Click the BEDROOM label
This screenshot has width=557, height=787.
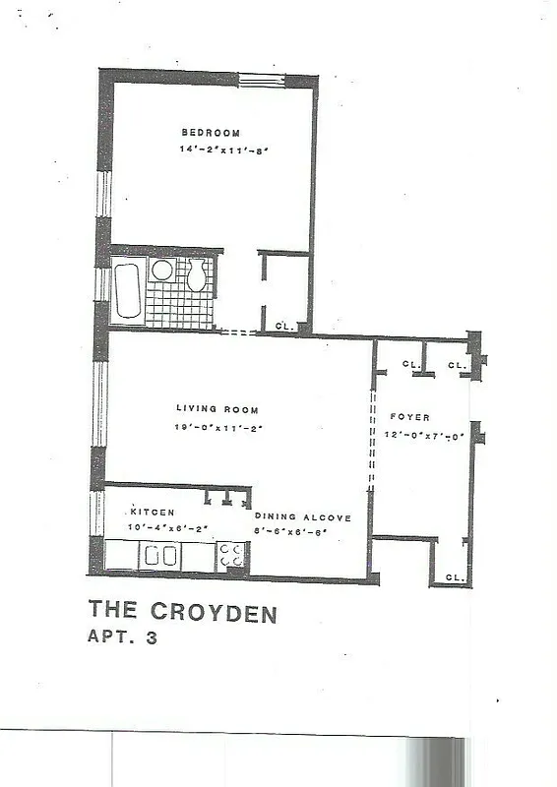[x=210, y=133]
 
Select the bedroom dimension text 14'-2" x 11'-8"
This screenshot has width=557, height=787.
[x=223, y=151]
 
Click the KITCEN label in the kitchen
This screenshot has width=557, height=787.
[x=153, y=512]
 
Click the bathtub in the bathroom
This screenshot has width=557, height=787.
[x=128, y=287]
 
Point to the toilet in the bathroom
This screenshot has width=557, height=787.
[x=197, y=275]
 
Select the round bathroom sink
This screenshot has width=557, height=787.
[x=162, y=270]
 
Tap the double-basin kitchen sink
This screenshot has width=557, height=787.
[x=159, y=557]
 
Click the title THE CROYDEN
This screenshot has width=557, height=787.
[x=182, y=614]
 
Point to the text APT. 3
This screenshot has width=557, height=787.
[x=123, y=637]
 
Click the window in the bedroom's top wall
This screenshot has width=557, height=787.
[x=263, y=80]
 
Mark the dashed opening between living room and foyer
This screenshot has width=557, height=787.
[x=371, y=443]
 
